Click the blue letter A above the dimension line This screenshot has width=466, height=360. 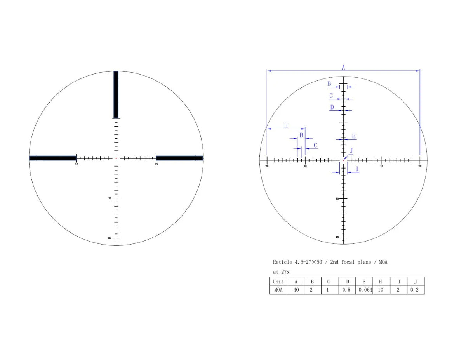[343, 68]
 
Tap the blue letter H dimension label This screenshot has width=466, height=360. [286, 125]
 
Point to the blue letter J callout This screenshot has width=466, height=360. [351, 151]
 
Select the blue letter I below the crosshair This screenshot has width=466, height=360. [357, 169]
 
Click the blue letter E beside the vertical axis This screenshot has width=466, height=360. [353, 136]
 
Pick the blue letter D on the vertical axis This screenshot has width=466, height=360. [332, 107]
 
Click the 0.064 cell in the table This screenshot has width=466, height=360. [364, 290]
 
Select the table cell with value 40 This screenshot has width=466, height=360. [296, 290]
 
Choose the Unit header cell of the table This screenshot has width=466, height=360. [278, 282]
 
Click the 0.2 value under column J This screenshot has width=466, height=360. [415, 290]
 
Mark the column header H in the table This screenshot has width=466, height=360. [381, 282]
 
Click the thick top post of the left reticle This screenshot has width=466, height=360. [116, 94]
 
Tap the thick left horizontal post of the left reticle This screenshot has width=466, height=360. [52, 158]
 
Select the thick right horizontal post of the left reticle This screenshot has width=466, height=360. [179, 158]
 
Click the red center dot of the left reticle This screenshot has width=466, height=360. [116, 158]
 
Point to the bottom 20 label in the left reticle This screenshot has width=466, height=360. [110, 238]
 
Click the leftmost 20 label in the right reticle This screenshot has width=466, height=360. [267, 166]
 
